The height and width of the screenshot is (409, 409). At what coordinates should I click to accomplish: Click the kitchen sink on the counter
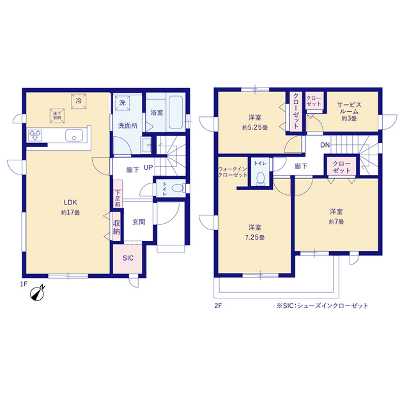(74, 136)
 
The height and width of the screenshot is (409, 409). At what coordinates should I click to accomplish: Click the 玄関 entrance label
(139, 222)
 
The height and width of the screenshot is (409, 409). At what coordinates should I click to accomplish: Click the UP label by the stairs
(148, 168)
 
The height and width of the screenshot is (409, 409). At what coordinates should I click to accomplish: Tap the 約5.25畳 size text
(254, 128)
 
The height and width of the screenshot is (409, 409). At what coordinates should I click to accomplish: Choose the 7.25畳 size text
(254, 238)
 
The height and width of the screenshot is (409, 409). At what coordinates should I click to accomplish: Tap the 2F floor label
(218, 305)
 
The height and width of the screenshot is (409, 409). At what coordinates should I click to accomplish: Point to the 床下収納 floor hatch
(56, 115)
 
